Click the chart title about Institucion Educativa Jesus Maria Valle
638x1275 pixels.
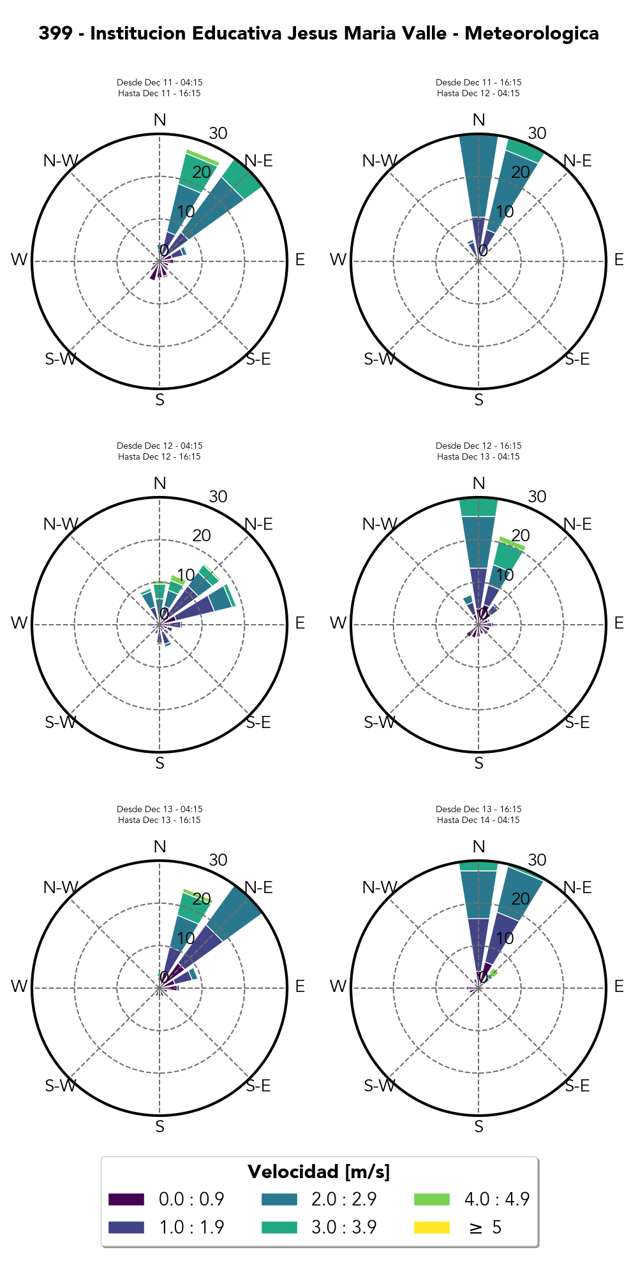point(318,33)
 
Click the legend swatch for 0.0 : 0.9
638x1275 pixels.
point(126,1199)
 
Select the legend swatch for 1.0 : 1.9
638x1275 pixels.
point(126,1227)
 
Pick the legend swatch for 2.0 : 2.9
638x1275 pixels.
point(279,1199)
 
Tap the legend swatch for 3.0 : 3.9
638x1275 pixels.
point(279,1227)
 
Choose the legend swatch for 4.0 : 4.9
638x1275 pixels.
point(432,1199)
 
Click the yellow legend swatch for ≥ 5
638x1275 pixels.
point(432,1227)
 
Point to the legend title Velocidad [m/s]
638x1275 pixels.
point(318,1172)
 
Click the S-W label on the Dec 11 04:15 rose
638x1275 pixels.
point(61,360)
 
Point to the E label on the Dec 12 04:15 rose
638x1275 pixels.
point(300,623)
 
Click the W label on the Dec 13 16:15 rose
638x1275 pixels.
point(338,987)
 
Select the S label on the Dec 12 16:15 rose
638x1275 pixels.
point(478,763)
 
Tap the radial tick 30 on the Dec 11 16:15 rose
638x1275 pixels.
point(537,133)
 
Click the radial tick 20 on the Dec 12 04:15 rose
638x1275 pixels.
point(202,535)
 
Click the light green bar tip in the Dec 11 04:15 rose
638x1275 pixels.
point(202,157)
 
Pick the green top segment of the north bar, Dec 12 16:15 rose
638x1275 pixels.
point(478,507)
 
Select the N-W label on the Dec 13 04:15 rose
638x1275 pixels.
point(61,887)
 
